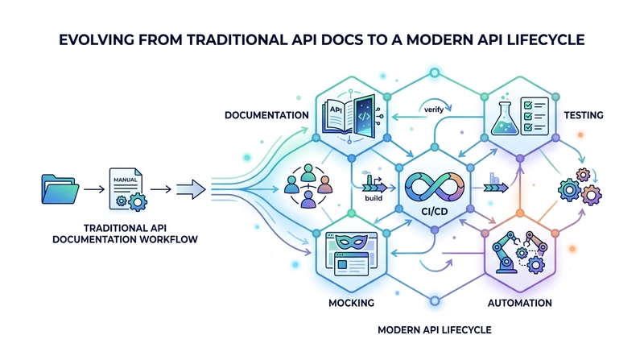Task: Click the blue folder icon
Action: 60,189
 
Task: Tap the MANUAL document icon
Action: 128,189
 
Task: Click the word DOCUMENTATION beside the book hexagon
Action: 266,115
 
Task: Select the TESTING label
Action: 583,115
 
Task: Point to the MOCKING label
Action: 351,303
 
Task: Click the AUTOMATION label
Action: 519,303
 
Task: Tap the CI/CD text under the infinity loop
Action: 435,212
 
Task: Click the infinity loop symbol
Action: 434,188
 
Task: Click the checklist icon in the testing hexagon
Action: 535,116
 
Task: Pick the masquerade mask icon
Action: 352,242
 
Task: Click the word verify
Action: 434,110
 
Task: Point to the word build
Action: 374,198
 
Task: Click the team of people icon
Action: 308,186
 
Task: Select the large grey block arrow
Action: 191,189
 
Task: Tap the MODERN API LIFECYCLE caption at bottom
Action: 434,329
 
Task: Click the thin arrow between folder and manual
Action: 94,189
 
